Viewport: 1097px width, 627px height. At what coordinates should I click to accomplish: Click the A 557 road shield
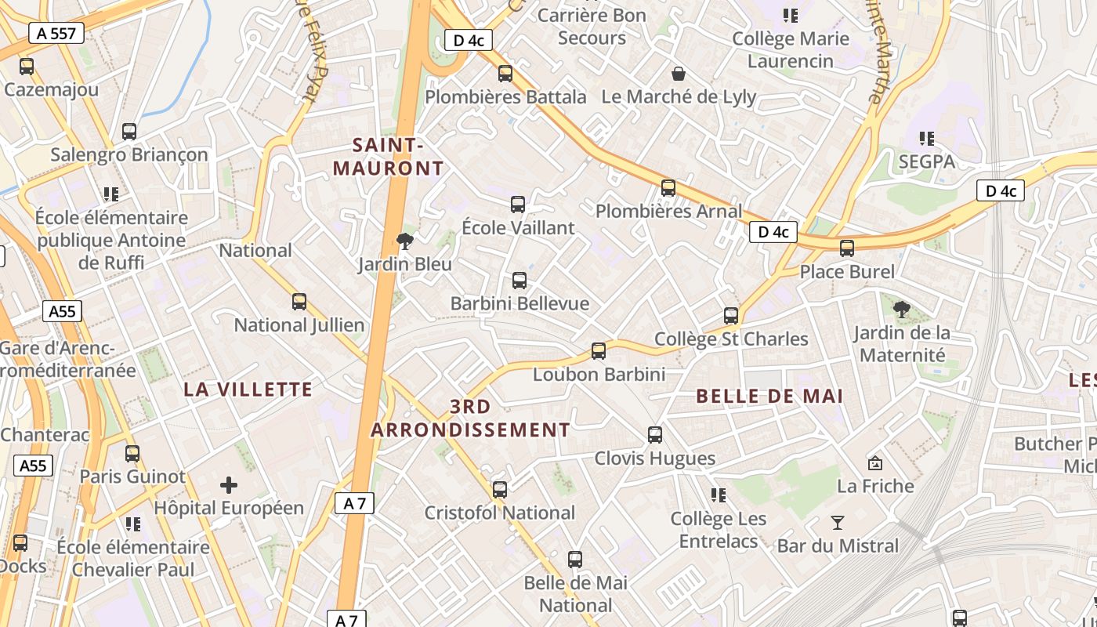56,33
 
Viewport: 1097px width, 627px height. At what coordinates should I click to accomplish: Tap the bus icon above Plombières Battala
505,74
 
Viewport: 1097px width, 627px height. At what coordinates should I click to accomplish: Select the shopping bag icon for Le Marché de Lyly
679,74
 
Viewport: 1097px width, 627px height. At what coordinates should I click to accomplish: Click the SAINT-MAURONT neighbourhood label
388,157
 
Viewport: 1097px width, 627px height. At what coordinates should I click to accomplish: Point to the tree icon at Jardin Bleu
405,241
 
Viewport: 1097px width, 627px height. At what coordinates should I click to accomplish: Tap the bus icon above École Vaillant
518,205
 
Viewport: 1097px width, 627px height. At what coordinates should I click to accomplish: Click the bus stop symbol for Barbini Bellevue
520,281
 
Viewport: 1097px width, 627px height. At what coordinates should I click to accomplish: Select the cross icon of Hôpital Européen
229,485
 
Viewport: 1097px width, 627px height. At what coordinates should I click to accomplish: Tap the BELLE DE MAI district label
769,397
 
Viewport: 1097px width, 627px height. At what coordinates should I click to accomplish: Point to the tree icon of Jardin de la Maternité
902,309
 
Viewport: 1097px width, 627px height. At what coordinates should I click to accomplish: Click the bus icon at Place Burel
847,248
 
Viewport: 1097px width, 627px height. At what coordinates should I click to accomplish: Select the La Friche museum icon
875,463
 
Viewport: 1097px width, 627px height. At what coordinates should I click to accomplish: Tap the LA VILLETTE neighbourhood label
248,390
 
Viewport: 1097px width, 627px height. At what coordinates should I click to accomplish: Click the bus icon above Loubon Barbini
599,351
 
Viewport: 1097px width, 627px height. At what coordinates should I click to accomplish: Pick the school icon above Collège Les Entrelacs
718,495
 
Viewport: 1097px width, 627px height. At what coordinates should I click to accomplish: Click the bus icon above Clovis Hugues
655,435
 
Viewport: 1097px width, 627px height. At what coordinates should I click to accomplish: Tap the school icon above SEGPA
927,139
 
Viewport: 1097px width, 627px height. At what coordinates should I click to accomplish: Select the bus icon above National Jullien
299,302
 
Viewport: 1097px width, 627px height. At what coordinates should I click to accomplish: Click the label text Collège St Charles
731,339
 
